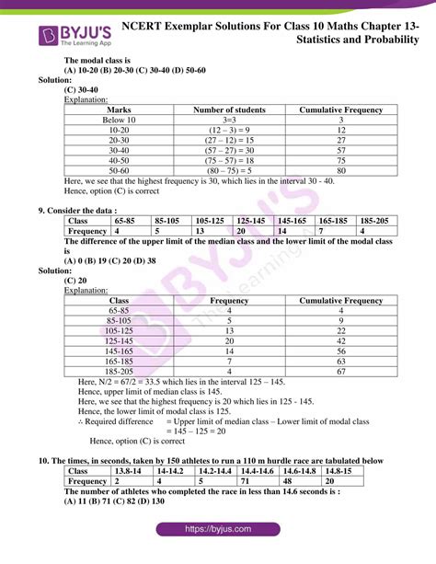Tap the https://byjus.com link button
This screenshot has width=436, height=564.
tap(218, 530)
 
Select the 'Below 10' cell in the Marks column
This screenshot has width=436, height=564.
tap(119, 120)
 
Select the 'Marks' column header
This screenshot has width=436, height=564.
tap(119, 109)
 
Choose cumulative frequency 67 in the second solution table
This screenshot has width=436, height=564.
tap(340, 371)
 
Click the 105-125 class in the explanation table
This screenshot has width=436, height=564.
tap(119, 330)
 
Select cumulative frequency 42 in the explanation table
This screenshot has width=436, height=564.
tap(340, 340)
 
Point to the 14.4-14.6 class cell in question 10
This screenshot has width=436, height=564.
tap(258, 470)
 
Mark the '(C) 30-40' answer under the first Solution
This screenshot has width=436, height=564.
tap(81, 90)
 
